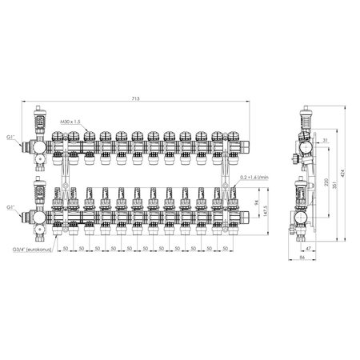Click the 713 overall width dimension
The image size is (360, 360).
[x=137, y=98]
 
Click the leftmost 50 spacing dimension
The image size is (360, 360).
[x=65, y=248]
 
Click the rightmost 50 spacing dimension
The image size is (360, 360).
[x=225, y=248]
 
